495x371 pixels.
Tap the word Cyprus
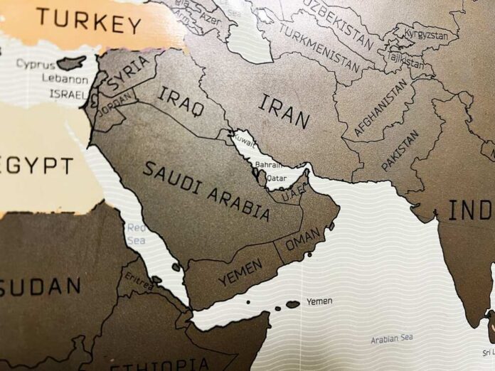click(36, 64)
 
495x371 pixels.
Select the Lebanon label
click(65, 79)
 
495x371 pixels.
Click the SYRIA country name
click(128, 74)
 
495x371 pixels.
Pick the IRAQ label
click(181, 101)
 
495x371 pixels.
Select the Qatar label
click(276, 178)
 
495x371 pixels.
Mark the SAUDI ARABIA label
click(206, 190)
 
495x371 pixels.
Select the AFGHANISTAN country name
click(382, 107)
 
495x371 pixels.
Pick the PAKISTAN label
click(400, 150)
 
